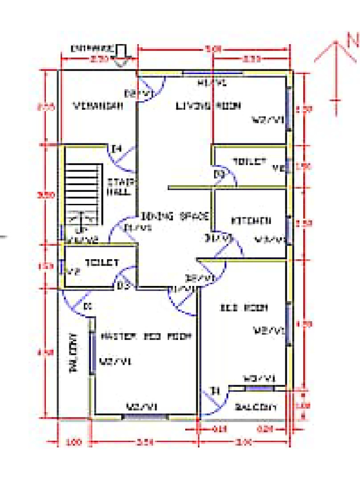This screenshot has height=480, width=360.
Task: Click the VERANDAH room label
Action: tap(98, 106)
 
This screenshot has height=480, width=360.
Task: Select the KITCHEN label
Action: tap(251, 220)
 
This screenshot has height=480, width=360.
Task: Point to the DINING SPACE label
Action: tap(175, 216)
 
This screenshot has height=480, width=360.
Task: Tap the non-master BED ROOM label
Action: tap(244, 308)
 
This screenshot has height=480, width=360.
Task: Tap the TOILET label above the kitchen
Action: tap(249, 162)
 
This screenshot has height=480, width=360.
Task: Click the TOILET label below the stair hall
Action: tap(102, 263)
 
